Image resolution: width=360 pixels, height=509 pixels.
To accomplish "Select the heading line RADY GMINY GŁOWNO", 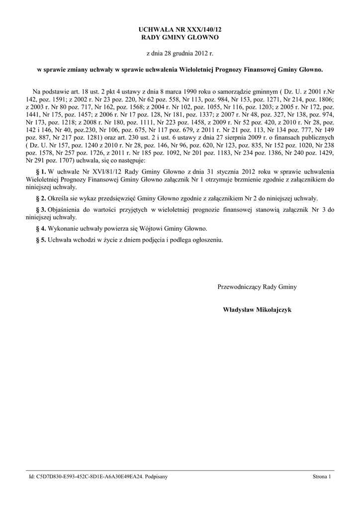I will point(180,38).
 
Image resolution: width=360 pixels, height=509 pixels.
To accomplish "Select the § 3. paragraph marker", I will point(41,210).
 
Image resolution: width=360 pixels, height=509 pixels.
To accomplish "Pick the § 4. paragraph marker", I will point(41,229).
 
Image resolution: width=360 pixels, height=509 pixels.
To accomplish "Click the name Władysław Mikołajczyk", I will point(258,310).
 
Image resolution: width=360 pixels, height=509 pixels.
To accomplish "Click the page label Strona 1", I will point(322,477).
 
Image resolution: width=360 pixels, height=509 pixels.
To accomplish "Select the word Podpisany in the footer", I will point(156,477).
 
